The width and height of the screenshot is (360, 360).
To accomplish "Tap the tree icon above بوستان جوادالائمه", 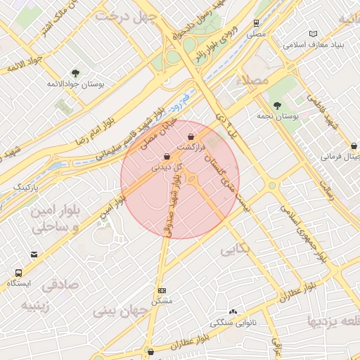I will pos(75,72).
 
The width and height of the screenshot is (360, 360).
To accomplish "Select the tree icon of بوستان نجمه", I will pos(278,105).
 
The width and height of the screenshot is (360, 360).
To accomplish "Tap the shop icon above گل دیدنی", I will pos(167,157).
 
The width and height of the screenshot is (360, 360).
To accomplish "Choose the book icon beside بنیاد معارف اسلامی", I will pos(313,34).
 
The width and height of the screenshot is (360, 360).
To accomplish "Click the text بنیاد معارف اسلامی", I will pos(314,44).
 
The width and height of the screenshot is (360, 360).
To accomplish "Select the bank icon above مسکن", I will pos(162,290).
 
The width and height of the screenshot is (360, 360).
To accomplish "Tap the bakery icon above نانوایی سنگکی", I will pos(233,311).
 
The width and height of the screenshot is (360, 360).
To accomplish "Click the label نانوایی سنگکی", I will pos(233,323).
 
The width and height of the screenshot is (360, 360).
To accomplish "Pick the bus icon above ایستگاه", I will pos(18,273).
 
